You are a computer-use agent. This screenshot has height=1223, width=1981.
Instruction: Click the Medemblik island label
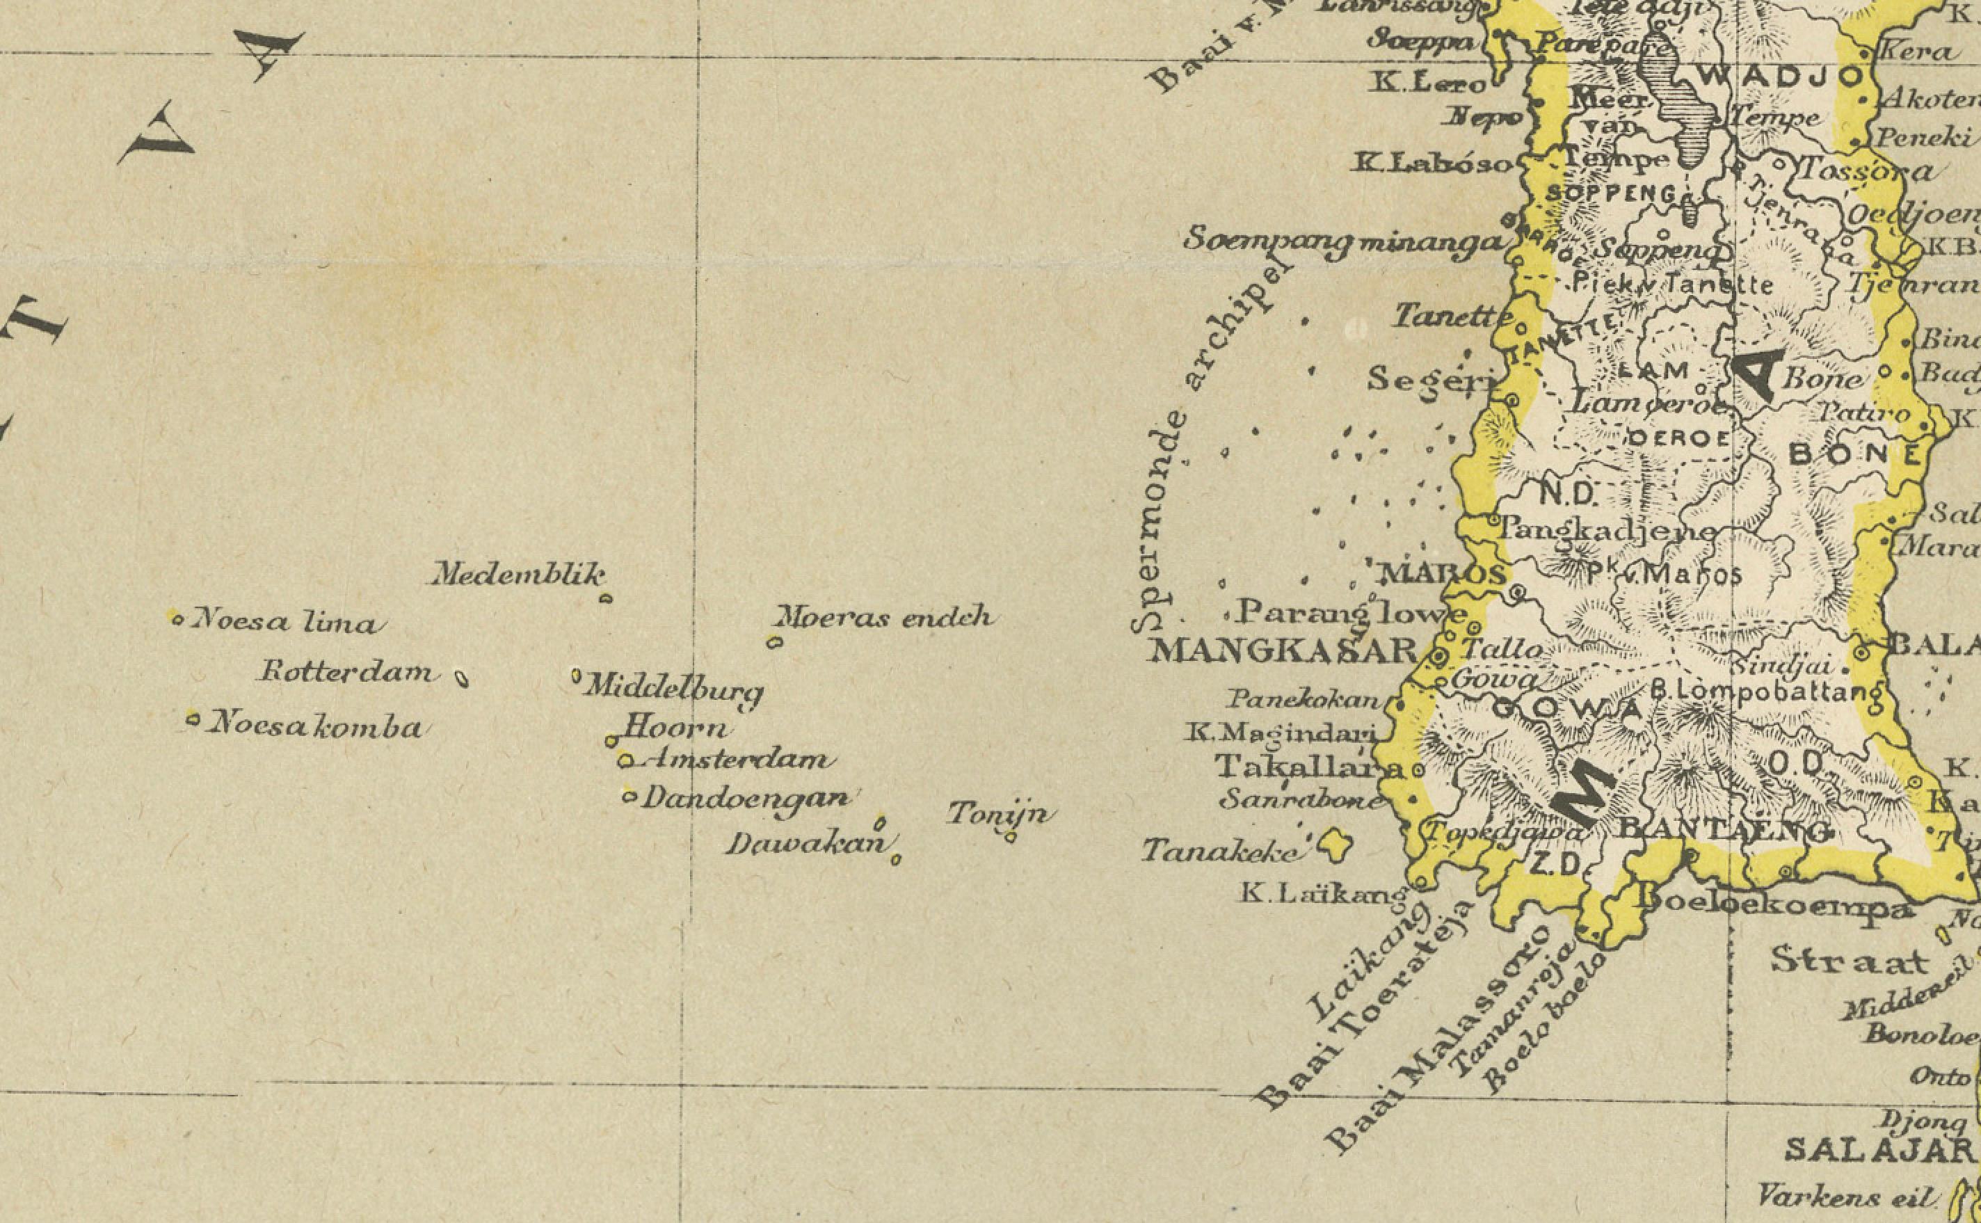click(518, 575)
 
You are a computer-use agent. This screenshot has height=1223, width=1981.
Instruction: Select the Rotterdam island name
click(346, 672)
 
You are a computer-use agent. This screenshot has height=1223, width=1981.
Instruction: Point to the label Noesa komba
click(315, 727)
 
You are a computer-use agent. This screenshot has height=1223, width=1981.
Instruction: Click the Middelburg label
click(673, 690)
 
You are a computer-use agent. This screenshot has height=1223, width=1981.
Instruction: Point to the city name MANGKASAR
click(1283, 650)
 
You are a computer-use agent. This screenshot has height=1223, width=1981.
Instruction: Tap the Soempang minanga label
click(1344, 241)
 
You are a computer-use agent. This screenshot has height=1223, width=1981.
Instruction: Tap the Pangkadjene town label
click(1607, 531)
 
